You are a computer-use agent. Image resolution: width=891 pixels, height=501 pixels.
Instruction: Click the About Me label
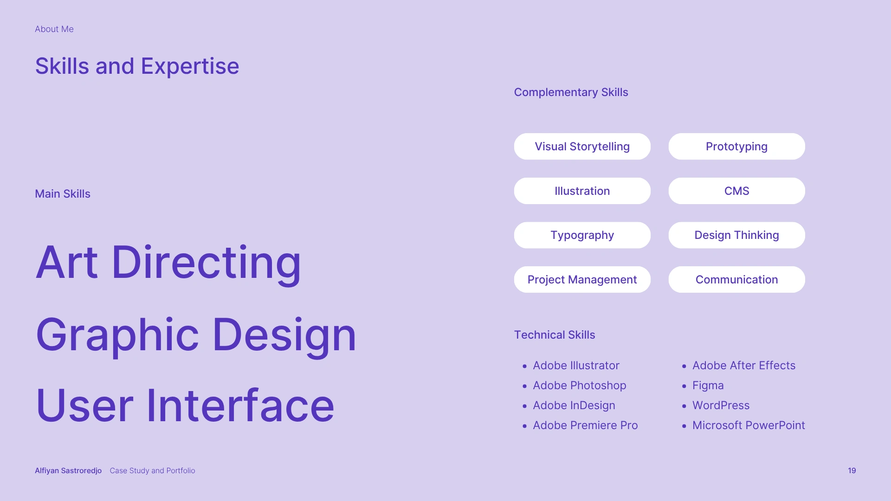54,29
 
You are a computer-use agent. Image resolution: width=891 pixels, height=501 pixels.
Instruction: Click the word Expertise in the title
190,67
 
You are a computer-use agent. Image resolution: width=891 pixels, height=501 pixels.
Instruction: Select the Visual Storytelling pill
582,147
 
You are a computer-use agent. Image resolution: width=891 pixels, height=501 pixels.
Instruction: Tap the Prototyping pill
736,147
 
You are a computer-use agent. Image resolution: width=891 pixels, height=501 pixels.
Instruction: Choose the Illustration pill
582,191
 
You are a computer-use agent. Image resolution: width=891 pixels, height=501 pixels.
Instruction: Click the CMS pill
736,191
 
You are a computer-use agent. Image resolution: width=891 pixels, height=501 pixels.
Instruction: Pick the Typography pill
582,235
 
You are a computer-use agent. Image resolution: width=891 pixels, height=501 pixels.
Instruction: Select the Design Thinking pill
736,235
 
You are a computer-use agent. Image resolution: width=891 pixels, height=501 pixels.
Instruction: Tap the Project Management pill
582,279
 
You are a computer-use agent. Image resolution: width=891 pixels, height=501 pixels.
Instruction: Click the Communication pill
736,279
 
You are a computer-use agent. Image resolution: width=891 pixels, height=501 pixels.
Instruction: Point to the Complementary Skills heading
571,92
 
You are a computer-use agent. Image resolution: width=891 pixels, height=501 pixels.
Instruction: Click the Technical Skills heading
555,335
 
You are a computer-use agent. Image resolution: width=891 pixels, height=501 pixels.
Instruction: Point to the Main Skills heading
63,194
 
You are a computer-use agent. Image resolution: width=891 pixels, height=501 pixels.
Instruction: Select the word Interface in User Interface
240,405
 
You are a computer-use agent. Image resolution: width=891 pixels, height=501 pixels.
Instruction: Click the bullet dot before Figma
684,386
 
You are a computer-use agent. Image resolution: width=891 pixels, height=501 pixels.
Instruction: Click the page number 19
852,470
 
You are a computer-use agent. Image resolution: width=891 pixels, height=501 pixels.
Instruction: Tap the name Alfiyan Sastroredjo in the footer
68,470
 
